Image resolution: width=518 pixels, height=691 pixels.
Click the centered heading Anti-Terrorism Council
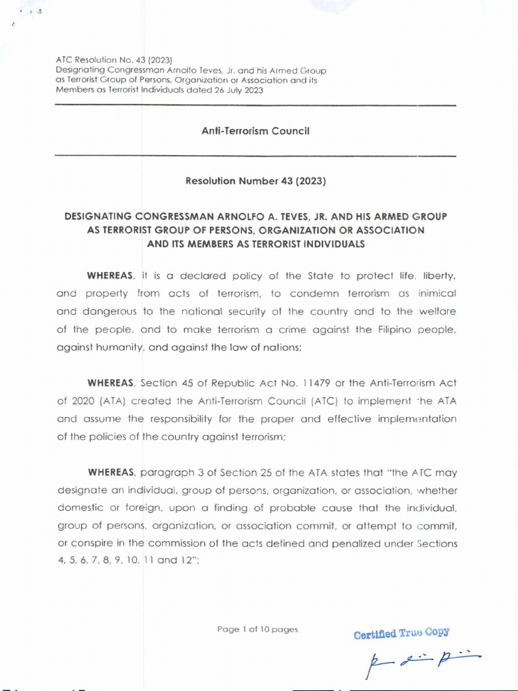pos(255,131)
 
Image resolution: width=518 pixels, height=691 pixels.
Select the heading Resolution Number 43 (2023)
pos(255,181)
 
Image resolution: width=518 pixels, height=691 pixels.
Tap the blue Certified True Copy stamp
pos(401,633)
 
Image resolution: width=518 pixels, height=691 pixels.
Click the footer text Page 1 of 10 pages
pos(257,629)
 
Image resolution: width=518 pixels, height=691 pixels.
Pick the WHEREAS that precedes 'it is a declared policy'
pos(111,275)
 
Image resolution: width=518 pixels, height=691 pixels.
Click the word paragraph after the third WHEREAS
pos(167,472)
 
